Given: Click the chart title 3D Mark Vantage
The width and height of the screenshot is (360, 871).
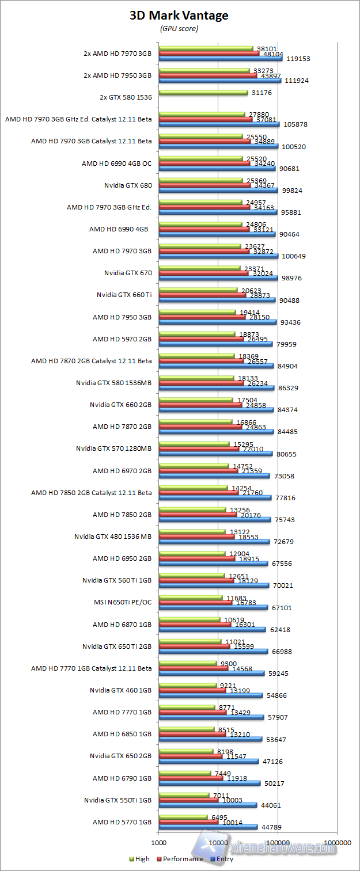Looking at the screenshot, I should tap(179, 16).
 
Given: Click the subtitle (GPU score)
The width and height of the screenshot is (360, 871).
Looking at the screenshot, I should tap(179, 28).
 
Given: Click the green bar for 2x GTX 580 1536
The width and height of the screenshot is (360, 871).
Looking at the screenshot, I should tap(203, 93).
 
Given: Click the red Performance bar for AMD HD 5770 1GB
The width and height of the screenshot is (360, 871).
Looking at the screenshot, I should tap(188, 821).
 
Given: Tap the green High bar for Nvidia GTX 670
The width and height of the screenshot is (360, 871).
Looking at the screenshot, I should tap(199, 268).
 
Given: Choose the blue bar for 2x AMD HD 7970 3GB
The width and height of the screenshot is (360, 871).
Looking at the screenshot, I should tap(220, 58).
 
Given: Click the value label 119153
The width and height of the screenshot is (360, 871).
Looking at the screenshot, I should tap(298, 59).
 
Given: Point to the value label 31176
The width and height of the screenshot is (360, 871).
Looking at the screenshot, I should tap(263, 93).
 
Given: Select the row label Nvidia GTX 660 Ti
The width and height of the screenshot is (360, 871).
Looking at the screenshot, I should tap(124, 295).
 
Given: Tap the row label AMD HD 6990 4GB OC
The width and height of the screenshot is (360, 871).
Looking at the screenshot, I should tap(116, 163).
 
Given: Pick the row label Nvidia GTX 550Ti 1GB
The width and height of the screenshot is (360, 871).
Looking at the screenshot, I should tap(118, 800).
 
